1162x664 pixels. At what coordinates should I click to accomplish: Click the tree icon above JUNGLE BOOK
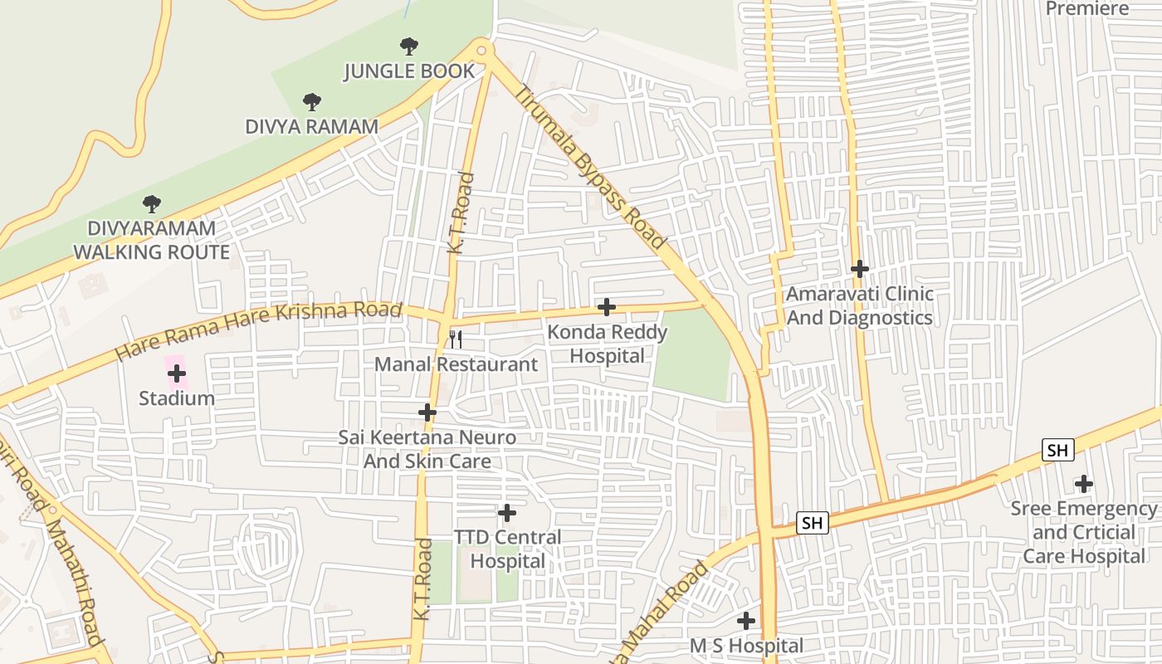(x=408, y=46)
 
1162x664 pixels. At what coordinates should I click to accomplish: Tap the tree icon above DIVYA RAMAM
(x=311, y=102)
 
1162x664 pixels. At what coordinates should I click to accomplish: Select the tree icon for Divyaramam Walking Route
(x=151, y=203)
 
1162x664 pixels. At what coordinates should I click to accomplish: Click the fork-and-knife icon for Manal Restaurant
(x=455, y=339)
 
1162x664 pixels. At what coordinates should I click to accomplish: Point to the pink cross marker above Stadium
(x=176, y=373)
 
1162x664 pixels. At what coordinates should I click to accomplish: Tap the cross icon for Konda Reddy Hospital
(x=607, y=307)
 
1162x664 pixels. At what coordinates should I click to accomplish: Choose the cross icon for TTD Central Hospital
(x=506, y=513)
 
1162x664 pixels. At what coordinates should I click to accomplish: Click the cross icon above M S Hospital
(x=746, y=620)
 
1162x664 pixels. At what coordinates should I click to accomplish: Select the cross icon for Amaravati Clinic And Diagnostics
(x=859, y=269)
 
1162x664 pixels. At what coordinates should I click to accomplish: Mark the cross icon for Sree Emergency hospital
(x=1083, y=483)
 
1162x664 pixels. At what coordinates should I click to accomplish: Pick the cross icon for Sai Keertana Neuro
(x=427, y=412)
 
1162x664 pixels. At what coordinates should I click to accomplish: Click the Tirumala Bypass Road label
(x=590, y=167)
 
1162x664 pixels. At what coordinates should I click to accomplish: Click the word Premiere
(x=1087, y=9)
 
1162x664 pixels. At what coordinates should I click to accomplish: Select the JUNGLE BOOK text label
(x=409, y=71)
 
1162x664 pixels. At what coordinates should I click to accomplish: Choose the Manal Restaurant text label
(x=456, y=364)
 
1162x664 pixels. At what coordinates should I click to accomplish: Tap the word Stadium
(x=176, y=398)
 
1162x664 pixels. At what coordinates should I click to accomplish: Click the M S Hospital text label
(x=746, y=646)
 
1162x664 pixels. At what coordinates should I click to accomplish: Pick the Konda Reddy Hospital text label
(x=608, y=344)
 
